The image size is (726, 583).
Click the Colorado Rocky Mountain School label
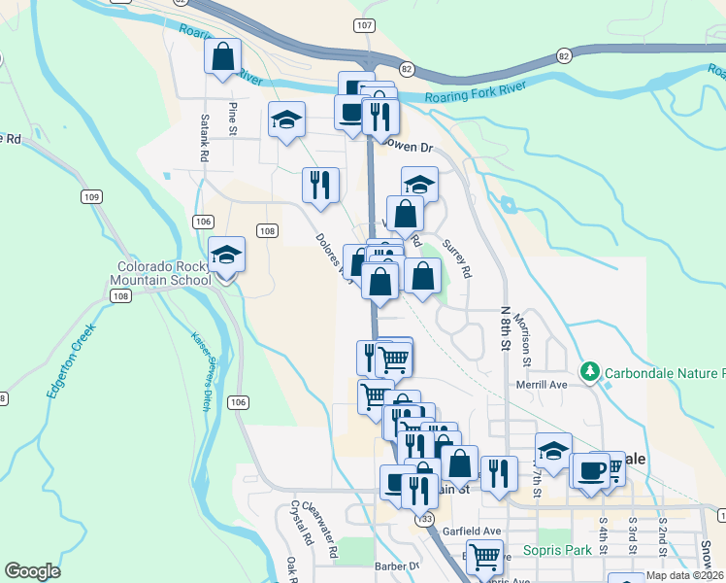click(x=164, y=273)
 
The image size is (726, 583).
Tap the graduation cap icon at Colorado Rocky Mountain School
click(x=227, y=255)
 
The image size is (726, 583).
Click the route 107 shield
click(x=364, y=25)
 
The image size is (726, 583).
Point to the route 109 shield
click(x=92, y=197)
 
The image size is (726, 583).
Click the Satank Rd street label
click(x=205, y=137)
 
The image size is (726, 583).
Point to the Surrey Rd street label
click(x=456, y=259)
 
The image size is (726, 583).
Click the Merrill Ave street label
click(x=545, y=385)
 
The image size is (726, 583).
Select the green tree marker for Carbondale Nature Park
click(x=589, y=372)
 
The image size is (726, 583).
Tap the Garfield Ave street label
click(x=471, y=532)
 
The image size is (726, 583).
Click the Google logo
click(x=32, y=571)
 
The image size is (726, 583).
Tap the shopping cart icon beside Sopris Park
click(x=483, y=558)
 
